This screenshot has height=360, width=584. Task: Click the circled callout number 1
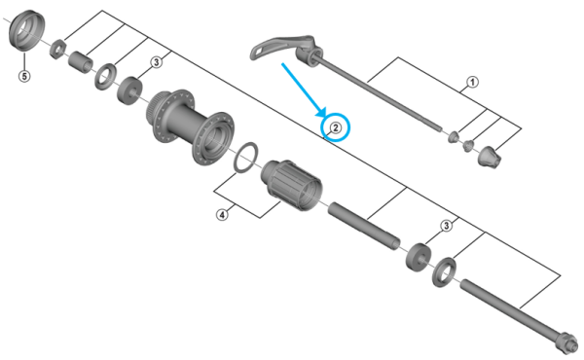point(472,83)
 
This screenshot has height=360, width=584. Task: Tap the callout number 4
point(222,215)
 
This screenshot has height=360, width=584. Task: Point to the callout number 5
point(24,75)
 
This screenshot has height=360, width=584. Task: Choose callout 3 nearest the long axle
point(446,226)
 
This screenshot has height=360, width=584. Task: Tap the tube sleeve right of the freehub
point(362,223)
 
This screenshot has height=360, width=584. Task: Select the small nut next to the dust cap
point(55,47)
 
